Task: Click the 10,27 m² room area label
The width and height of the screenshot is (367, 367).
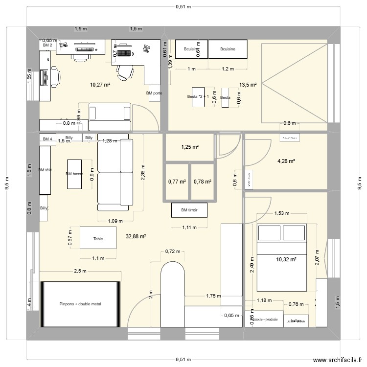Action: (100, 85)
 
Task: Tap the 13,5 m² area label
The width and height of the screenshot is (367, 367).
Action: (248, 85)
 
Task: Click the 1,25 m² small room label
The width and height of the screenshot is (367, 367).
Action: (189, 147)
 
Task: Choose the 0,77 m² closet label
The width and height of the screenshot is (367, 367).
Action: (177, 182)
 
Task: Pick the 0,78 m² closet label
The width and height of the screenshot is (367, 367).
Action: (202, 182)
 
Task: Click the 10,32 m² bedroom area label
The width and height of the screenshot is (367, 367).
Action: (286, 259)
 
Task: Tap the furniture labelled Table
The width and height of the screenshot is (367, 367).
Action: (98, 239)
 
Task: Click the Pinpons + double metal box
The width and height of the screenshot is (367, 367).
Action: (81, 304)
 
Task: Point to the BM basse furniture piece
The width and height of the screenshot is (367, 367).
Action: (74, 174)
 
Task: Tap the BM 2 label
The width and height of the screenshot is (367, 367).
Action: (47, 46)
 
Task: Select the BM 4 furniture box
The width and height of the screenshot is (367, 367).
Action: (47, 139)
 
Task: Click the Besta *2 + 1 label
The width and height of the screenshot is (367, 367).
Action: (198, 97)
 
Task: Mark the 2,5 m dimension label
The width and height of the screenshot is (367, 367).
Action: (81, 271)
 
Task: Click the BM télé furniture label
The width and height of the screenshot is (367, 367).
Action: (45, 170)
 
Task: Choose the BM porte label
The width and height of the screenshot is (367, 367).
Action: (154, 93)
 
